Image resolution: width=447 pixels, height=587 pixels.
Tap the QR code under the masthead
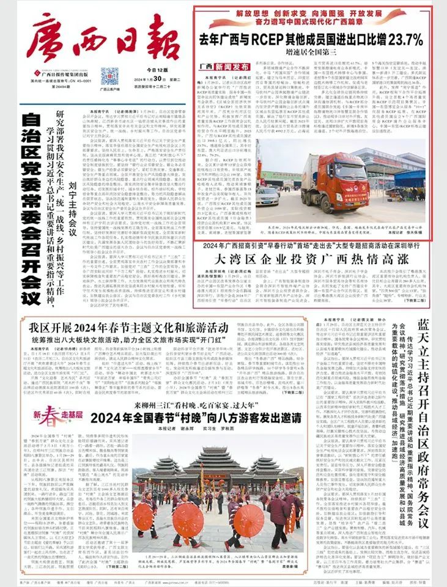pyautogui.click(x=110, y=78)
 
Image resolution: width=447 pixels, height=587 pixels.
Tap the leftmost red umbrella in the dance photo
pyautogui.click(x=138, y=517)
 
